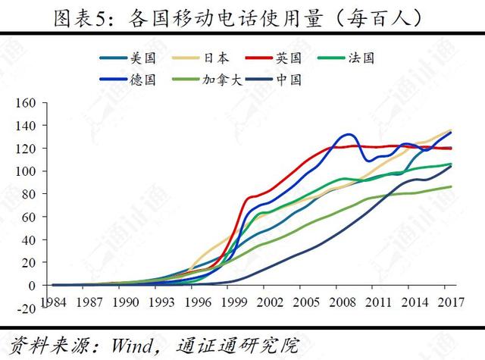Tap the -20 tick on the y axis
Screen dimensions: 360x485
click(27, 308)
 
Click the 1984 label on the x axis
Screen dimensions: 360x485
click(53, 302)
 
